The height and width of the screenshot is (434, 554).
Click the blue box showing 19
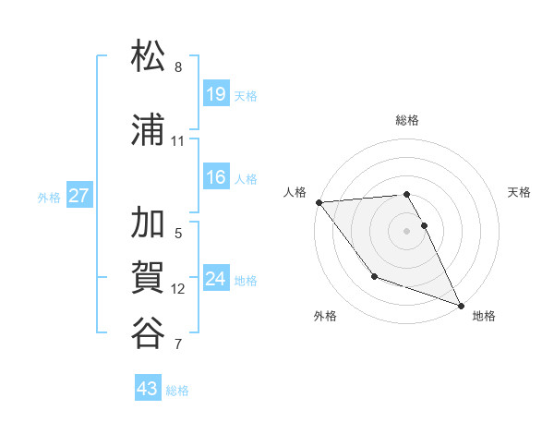coord(216,94)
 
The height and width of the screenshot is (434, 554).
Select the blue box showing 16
coord(216,177)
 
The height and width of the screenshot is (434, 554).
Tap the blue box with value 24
coord(216,279)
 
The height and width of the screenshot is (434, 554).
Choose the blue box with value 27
coord(79,196)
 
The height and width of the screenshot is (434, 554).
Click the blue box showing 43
coord(148,389)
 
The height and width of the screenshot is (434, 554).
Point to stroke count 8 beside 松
coord(178,67)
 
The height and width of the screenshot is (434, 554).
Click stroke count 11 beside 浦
coord(178,141)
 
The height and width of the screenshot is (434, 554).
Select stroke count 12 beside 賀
coord(178,289)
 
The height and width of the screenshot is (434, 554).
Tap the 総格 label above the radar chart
coord(407,120)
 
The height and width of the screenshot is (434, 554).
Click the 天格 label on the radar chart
coord(520,192)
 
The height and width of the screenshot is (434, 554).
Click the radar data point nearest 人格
coord(319,202)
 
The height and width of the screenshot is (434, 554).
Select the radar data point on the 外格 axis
coord(374,276)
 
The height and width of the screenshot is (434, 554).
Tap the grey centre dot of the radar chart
coord(407,231)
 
